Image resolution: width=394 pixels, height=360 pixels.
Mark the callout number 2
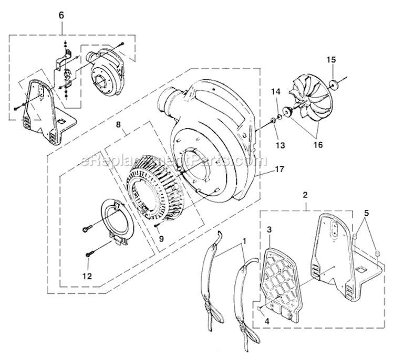305,195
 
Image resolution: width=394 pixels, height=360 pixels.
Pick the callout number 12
88,276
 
